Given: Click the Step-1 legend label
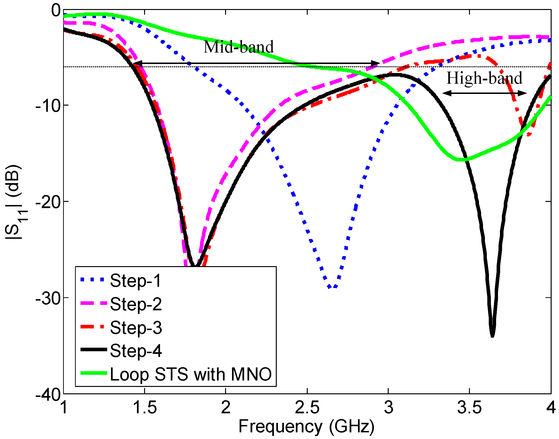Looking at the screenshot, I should [135, 281].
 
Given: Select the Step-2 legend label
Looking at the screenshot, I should [136, 304].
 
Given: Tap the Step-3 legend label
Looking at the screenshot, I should [136, 328].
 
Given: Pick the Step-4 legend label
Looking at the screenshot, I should [136, 351].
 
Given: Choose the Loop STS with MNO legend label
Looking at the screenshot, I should [191, 375].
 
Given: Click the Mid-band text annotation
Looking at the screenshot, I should [239, 47].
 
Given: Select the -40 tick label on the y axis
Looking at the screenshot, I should [48, 395].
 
